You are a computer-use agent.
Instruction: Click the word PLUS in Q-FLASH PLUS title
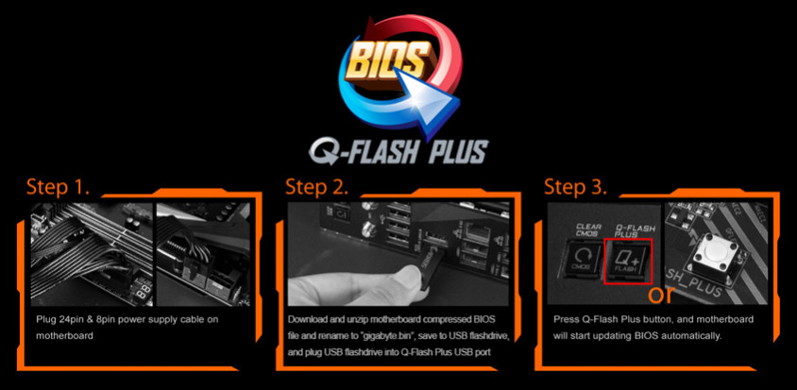pos(455,151)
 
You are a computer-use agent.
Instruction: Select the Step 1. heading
pos(58,187)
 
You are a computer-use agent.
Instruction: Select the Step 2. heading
pos(316,187)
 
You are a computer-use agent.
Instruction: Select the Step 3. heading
pos(575,187)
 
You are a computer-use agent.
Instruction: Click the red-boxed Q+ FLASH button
pos(628,261)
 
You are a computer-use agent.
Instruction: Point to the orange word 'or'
pos(661,295)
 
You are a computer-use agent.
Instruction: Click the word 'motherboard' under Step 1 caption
pos(64,336)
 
